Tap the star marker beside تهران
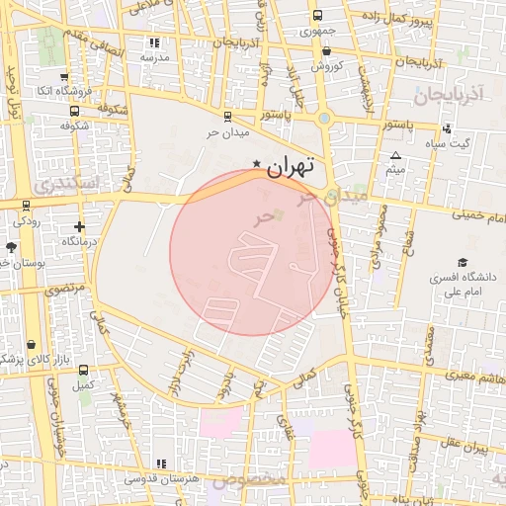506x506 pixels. point(257,163)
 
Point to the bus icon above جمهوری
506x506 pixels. point(317,16)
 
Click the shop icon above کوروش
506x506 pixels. point(326,51)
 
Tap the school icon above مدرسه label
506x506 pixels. point(153,42)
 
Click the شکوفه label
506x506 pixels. point(75,126)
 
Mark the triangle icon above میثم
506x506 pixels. point(395,156)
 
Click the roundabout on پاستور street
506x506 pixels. point(323,118)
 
